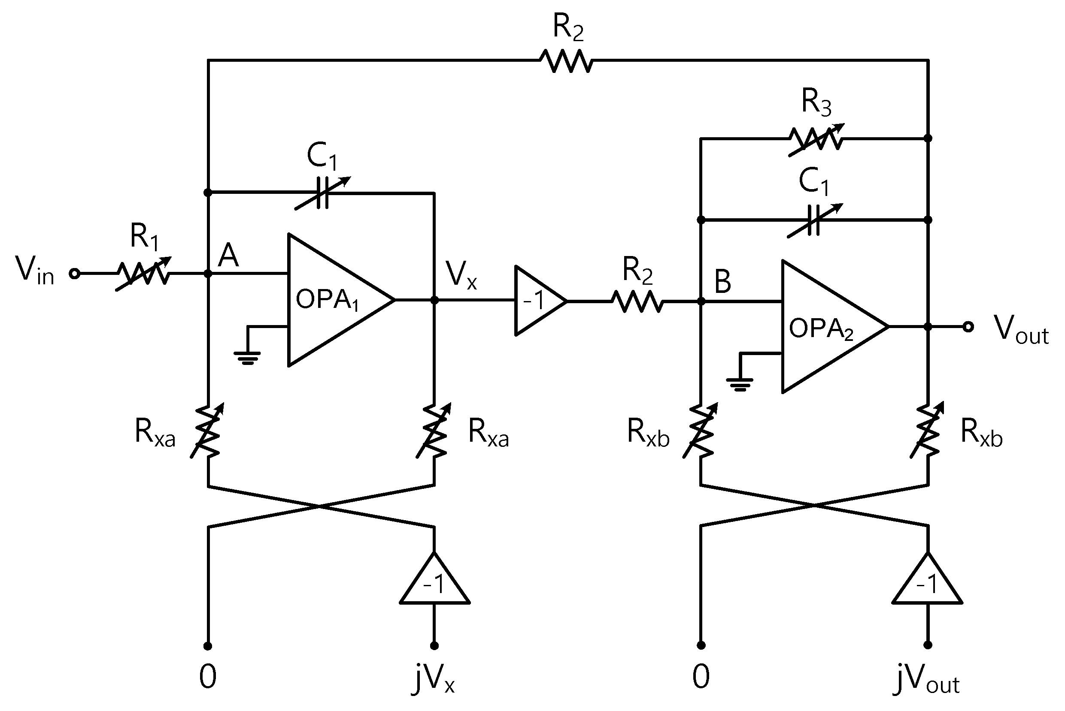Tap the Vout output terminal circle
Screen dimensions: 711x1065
pos(968,326)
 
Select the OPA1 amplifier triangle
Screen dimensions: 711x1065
pos(336,300)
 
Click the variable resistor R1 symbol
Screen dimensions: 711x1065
pos(143,274)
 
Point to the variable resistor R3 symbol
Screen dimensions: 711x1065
pos(816,139)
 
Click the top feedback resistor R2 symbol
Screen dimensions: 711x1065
pos(566,60)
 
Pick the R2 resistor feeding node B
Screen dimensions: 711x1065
pos(637,301)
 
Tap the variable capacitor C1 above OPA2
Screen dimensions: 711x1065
pos(814,220)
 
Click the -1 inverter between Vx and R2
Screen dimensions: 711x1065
pos(538,301)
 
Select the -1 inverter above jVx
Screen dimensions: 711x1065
pos(434,583)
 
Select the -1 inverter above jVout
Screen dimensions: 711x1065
pos(928,583)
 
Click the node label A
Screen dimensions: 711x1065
pos(228,255)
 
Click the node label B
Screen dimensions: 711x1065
pos(722,282)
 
